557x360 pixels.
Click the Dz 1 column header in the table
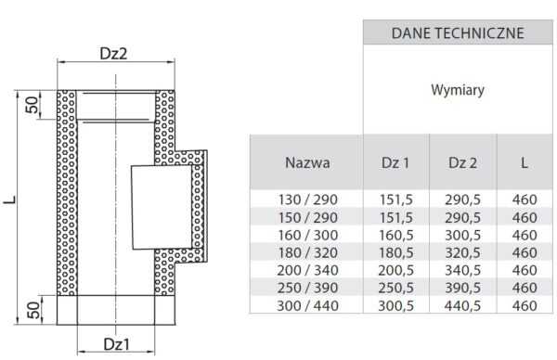click(395, 162)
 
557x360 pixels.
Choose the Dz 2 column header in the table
click(462, 162)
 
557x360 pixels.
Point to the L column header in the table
click(525, 162)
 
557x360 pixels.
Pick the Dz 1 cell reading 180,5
click(395, 252)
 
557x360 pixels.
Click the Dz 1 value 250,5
click(395, 288)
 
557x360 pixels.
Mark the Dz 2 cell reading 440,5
click(462, 305)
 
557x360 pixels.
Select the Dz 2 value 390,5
click(462, 288)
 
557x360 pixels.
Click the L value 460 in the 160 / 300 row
click(525, 235)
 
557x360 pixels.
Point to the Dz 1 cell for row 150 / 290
click(395, 217)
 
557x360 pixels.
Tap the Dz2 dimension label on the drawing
click(113, 54)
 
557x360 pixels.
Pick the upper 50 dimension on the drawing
click(32, 105)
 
